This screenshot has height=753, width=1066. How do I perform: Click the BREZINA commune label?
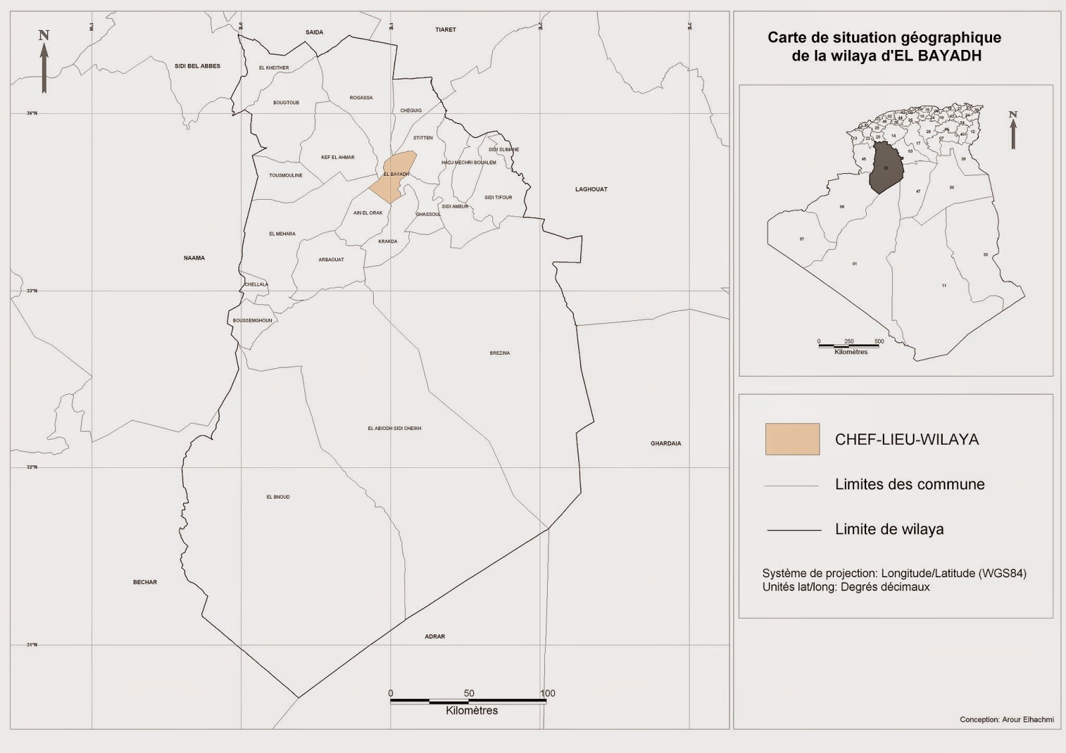pyautogui.click(x=500, y=353)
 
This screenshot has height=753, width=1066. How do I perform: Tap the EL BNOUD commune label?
pyautogui.click(x=278, y=497)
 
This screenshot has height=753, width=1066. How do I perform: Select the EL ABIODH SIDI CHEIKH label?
pyautogui.click(x=394, y=428)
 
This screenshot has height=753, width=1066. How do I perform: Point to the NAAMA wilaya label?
pyautogui.click(x=194, y=258)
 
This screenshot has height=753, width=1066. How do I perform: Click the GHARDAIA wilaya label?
pyautogui.click(x=666, y=443)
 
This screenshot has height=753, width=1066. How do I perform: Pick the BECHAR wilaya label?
pyautogui.click(x=145, y=583)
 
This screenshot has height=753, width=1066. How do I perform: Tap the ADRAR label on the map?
pyautogui.click(x=434, y=636)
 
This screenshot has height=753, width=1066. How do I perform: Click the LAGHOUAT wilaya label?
pyautogui.click(x=591, y=189)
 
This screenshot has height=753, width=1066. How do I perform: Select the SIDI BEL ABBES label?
pyautogui.click(x=197, y=66)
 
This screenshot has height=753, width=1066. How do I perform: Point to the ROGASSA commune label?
pyautogui.click(x=361, y=98)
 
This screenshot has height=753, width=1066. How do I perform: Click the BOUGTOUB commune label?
pyautogui.click(x=286, y=103)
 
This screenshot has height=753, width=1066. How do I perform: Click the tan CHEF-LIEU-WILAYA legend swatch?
pyautogui.click(x=792, y=439)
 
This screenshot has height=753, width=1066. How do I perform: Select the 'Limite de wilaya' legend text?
pyautogui.click(x=889, y=529)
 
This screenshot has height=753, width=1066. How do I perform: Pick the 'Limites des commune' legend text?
pyautogui.click(x=909, y=485)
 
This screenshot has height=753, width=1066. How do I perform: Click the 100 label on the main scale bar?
pyautogui.click(x=548, y=693)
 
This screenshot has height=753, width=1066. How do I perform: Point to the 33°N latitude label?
pyautogui.click(x=31, y=291)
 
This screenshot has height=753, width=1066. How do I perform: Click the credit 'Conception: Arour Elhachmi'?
pyautogui.click(x=1006, y=720)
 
